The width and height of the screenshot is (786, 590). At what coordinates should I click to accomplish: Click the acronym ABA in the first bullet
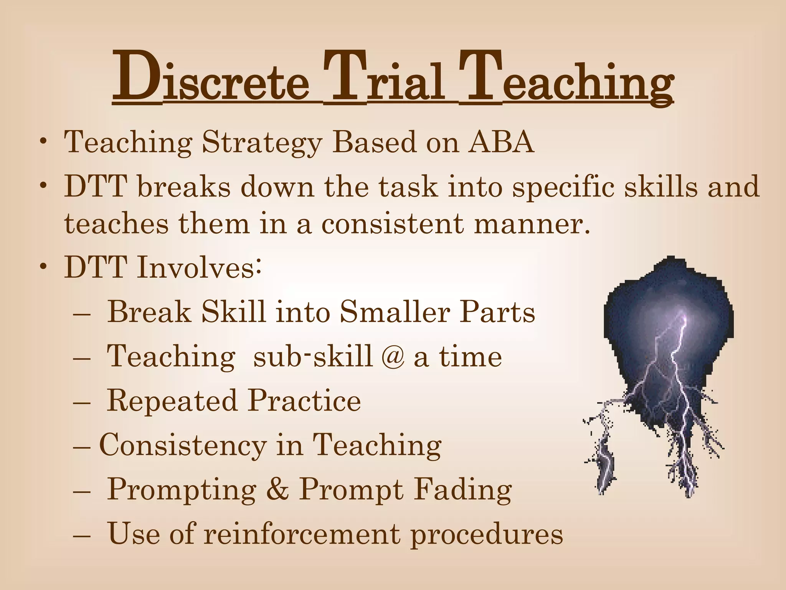(x=500, y=143)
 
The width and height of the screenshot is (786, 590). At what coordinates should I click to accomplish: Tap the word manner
(x=532, y=225)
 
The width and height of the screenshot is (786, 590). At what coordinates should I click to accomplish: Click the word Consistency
(x=183, y=446)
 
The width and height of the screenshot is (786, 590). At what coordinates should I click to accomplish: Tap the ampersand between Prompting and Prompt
(x=278, y=489)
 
